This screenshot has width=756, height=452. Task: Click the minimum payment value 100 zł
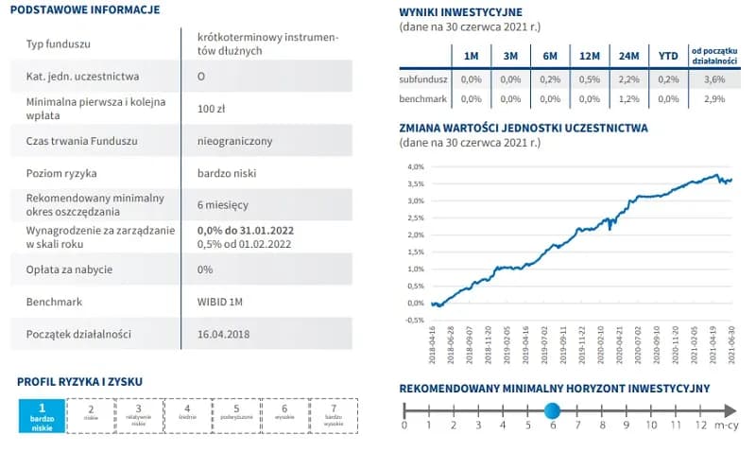point(211,109)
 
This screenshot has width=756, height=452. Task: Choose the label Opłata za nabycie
point(69,269)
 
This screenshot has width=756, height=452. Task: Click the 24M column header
point(629,56)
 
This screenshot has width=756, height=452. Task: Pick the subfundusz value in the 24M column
point(629,79)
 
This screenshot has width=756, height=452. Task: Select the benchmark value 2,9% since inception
point(714,98)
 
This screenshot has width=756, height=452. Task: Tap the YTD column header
point(668,56)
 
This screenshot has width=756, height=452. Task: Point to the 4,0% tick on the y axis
point(415,166)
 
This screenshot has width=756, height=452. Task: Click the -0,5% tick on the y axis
point(414,321)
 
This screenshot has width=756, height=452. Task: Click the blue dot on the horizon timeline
point(552,410)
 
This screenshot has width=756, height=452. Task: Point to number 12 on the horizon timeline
point(699,426)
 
